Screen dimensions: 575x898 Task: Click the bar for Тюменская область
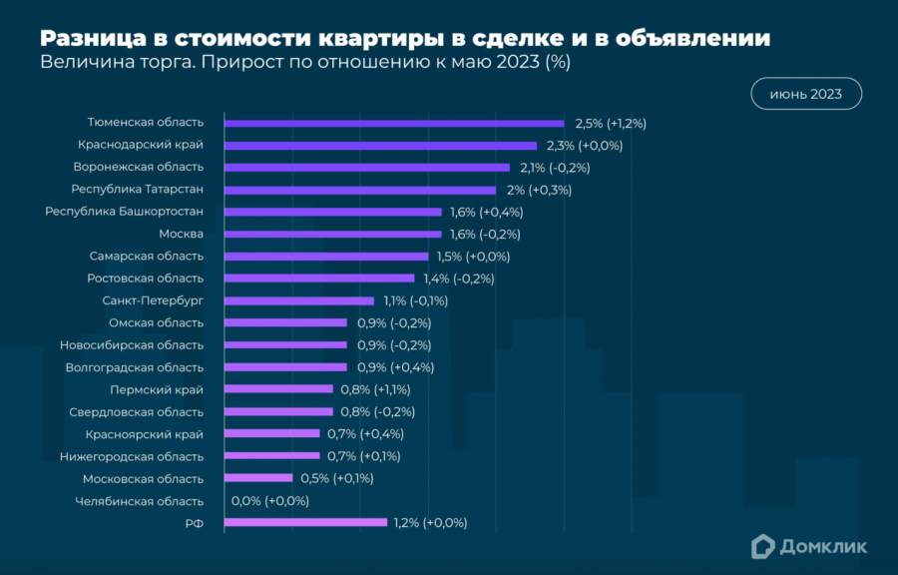(x=394, y=123)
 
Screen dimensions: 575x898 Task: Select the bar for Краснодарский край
(x=380, y=145)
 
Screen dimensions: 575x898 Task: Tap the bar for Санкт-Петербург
(x=299, y=300)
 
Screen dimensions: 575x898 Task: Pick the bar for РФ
(x=305, y=522)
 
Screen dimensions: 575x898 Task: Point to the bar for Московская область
(x=258, y=478)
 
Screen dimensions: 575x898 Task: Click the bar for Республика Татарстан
(x=360, y=190)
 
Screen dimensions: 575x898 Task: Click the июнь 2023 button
(x=805, y=95)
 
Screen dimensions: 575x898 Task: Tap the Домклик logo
(x=809, y=546)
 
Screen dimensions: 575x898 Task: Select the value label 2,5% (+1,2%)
(x=611, y=124)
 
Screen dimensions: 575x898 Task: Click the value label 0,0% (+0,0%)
(x=269, y=501)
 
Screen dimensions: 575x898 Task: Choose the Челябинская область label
(x=139, y=501)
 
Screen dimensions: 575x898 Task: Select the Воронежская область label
(x=138, y=167)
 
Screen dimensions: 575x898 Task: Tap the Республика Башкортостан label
(x=125, y=212)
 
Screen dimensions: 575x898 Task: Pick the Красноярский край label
(x=144, y=434)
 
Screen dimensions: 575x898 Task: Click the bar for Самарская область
(x=326, y=257)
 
